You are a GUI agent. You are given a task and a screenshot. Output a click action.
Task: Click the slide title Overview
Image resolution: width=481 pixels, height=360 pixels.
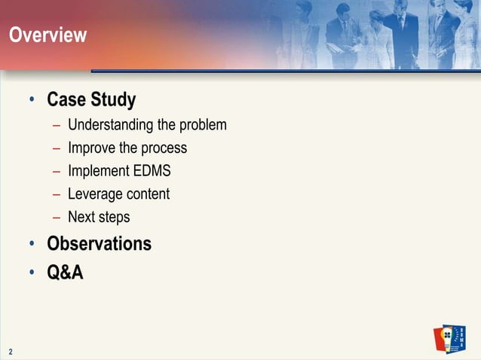tap(47, 35)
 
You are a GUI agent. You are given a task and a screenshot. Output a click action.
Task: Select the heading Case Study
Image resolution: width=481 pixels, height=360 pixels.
tap(91, 99)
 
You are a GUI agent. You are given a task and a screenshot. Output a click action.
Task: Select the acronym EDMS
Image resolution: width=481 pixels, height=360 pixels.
tap(152, 171)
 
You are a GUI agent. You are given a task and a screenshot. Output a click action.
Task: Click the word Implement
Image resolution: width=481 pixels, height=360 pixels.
tap(99, 171)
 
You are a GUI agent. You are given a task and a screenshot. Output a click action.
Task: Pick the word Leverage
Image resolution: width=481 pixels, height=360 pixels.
tap(94, 194)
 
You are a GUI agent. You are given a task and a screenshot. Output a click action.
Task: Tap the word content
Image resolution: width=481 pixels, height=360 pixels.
tap(147, 194)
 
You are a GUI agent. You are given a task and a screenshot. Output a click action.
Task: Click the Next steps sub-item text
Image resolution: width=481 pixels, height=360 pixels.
tap(99, 218)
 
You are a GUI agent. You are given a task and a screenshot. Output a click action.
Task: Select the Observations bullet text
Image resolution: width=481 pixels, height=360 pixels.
tap(99, 244)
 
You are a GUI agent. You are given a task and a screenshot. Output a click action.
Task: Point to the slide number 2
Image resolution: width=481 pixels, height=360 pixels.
tap(11, 351)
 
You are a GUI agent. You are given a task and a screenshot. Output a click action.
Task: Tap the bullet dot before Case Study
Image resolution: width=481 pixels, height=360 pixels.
tap(32, 100)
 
